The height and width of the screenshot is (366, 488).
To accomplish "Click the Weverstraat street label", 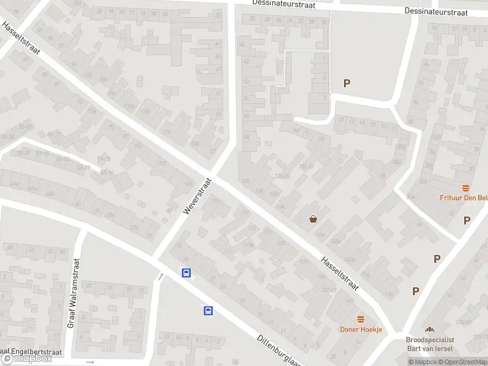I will tap(196, 196).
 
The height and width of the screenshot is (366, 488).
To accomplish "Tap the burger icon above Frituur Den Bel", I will tap(466, 187).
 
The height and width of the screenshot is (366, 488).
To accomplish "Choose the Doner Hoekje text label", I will tap(361, 329).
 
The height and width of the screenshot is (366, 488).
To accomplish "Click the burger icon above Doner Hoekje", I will tap(361, 319).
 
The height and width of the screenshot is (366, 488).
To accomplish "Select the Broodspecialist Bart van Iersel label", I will tap(431, 345).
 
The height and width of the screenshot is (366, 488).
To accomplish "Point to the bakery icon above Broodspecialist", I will tap(431, 329).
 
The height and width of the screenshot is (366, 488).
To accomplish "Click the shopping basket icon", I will tap(314, 219).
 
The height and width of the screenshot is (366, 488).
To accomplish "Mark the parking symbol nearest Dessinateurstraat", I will tap(347, 84).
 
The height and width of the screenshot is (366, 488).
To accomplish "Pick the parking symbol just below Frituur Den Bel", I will tap(467, 220).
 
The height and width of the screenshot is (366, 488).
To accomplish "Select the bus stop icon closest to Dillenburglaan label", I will tap(208, 310).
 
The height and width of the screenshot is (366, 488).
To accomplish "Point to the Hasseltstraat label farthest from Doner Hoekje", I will tap(21, 38).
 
